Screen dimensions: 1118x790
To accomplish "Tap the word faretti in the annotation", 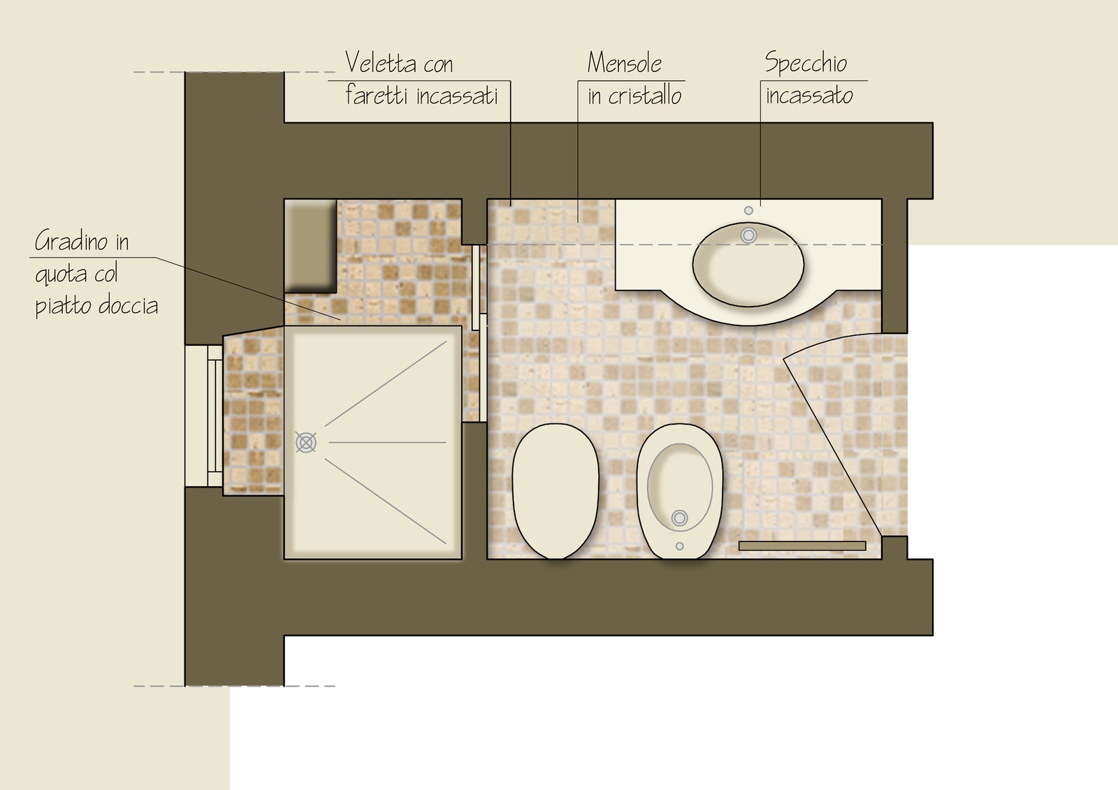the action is [377, 94].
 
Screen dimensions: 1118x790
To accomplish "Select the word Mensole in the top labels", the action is [625, 63].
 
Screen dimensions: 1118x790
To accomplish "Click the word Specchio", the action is [806, 64].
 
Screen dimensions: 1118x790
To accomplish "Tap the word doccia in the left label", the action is [128, 305].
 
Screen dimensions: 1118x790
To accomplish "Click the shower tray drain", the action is [305, 442].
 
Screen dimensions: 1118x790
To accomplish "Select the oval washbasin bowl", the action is [748, 264].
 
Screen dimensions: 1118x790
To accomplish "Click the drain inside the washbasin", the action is [748, 235].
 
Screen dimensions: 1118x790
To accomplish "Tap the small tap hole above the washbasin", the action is [748, 211].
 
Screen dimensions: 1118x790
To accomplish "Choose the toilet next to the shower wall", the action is [555, 491].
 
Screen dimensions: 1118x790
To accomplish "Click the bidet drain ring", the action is [679, 518].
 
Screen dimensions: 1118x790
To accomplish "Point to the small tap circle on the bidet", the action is [679, 546].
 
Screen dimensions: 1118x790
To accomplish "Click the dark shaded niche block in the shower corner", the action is [310, 246].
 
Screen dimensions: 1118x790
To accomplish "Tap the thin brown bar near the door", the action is [802, 546].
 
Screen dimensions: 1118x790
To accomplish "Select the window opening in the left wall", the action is [203, 416].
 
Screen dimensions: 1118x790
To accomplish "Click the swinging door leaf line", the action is [833, 448].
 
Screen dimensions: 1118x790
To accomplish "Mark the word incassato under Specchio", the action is [809, 95].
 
